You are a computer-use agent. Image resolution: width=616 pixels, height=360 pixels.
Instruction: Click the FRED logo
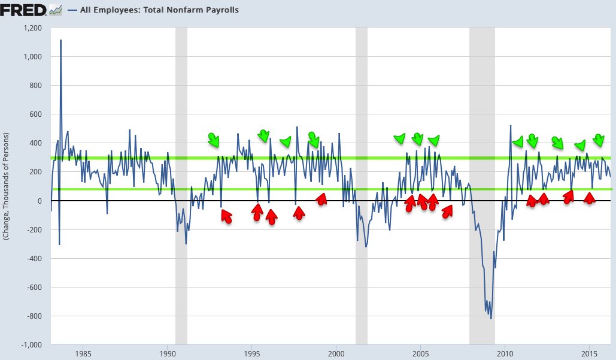tap(24, 10)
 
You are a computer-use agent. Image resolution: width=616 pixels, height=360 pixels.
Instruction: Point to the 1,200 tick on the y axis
tap(32, 28)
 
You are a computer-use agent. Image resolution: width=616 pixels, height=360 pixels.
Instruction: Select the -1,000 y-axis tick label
tap(31, 345)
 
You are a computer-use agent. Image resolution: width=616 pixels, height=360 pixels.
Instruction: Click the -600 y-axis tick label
tap(34, 288)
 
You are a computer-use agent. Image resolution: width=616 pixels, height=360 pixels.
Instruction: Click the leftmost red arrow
tap(226, 216)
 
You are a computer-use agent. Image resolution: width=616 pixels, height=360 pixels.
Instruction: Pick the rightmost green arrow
tap(598, 140)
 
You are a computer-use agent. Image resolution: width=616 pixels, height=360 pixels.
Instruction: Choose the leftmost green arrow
tap(213, 140)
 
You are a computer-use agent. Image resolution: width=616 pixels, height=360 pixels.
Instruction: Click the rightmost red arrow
tap(590, 198)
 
